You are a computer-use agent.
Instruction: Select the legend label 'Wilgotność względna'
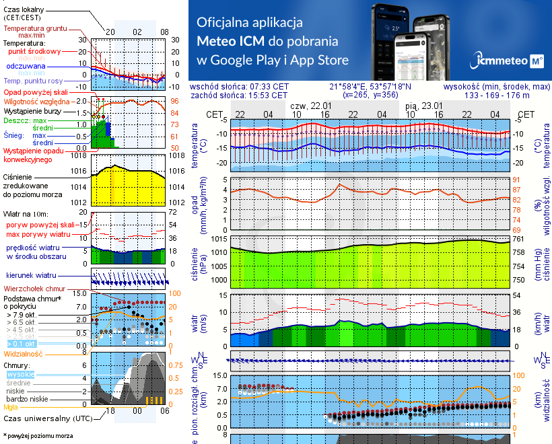[38, 100]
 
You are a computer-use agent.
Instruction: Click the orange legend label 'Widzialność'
[23, 353]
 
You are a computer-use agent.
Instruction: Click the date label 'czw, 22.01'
[310, 106]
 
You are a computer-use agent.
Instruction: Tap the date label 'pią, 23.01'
[423, 106]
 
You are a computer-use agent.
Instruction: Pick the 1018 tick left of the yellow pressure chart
[79, 155]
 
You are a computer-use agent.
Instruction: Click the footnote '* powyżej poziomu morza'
[38, 436]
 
